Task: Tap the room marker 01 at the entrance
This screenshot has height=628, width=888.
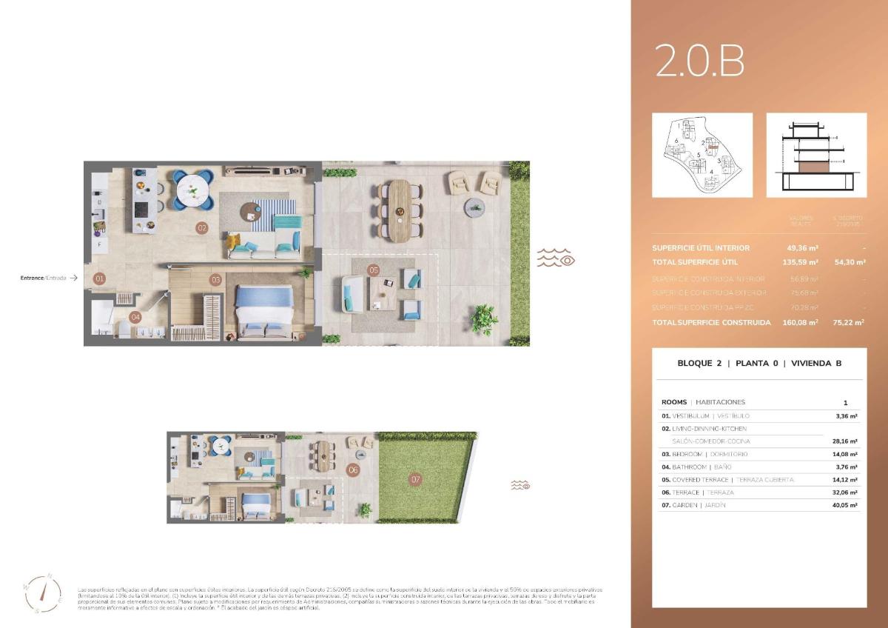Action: pos(99,279)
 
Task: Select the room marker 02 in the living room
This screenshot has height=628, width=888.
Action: pos(201,228)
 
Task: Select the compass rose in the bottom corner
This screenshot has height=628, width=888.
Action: pos(41,592)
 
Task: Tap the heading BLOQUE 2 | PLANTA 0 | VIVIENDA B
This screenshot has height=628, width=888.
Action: pos(759,364)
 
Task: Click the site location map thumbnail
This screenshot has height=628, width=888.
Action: pos(702,155)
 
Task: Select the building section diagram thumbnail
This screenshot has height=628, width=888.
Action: pos(816,155)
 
